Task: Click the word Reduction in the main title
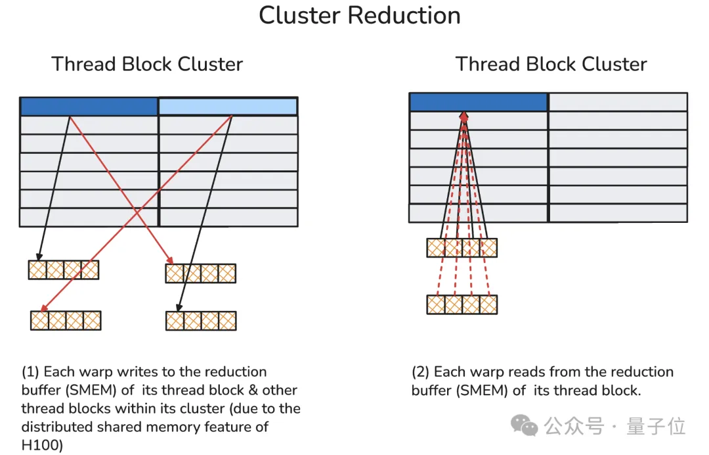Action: (410, 15)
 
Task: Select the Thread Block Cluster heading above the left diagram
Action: (147, 64)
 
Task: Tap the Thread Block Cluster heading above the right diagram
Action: (551, 64)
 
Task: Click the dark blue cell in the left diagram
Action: (89, 107)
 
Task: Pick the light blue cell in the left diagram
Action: (228, 107)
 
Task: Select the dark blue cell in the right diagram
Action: (479, 102)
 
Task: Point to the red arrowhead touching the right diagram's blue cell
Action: (464, 116)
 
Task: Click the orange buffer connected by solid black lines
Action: (462, 248)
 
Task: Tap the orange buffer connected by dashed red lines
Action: (462, 304)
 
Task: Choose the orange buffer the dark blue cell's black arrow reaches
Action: (63, 270)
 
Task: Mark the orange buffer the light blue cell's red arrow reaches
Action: (66, 320)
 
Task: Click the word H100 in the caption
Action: (41, 445)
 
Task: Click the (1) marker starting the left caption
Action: (30, 372)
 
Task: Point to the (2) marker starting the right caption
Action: (421, 372)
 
